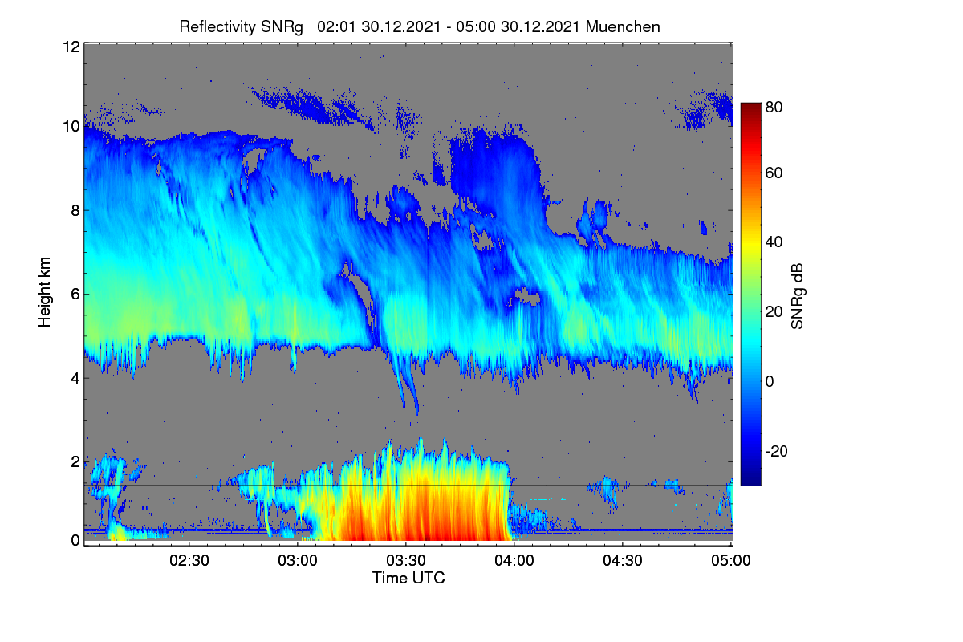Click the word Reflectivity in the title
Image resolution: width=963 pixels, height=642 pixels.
pos(217,27)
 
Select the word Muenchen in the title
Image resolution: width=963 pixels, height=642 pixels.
pos(623,26)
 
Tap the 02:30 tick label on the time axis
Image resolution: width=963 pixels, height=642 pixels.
pos(189,560)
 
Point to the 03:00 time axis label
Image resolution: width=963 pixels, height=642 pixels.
pos(298,560)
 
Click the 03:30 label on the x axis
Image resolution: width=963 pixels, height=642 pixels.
pos(406,560)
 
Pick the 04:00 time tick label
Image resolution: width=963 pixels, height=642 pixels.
pos(514,560)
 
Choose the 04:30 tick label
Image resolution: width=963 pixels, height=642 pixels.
pos(623,560)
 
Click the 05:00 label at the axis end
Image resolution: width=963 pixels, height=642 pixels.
pos(731,560)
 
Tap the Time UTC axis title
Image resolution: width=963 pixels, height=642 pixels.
pos(408,578)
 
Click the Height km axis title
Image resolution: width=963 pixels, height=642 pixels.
pos(44,292)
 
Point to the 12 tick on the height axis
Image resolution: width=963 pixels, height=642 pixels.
pos(71,47)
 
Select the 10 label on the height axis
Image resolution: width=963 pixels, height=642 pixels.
pos(71,127)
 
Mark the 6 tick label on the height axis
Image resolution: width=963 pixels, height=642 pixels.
pos(75,295)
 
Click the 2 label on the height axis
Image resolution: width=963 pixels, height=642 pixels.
pos(75,461)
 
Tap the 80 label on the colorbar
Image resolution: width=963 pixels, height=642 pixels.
pos(774,107)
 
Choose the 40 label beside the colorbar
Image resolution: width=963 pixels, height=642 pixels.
pos(774,242)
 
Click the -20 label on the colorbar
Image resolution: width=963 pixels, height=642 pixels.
pos(777,451)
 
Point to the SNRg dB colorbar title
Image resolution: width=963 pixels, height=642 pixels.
pos(798,296)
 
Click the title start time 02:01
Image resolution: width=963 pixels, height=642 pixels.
pos(336,26)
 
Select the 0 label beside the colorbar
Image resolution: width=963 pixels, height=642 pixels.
pos(770,381)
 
